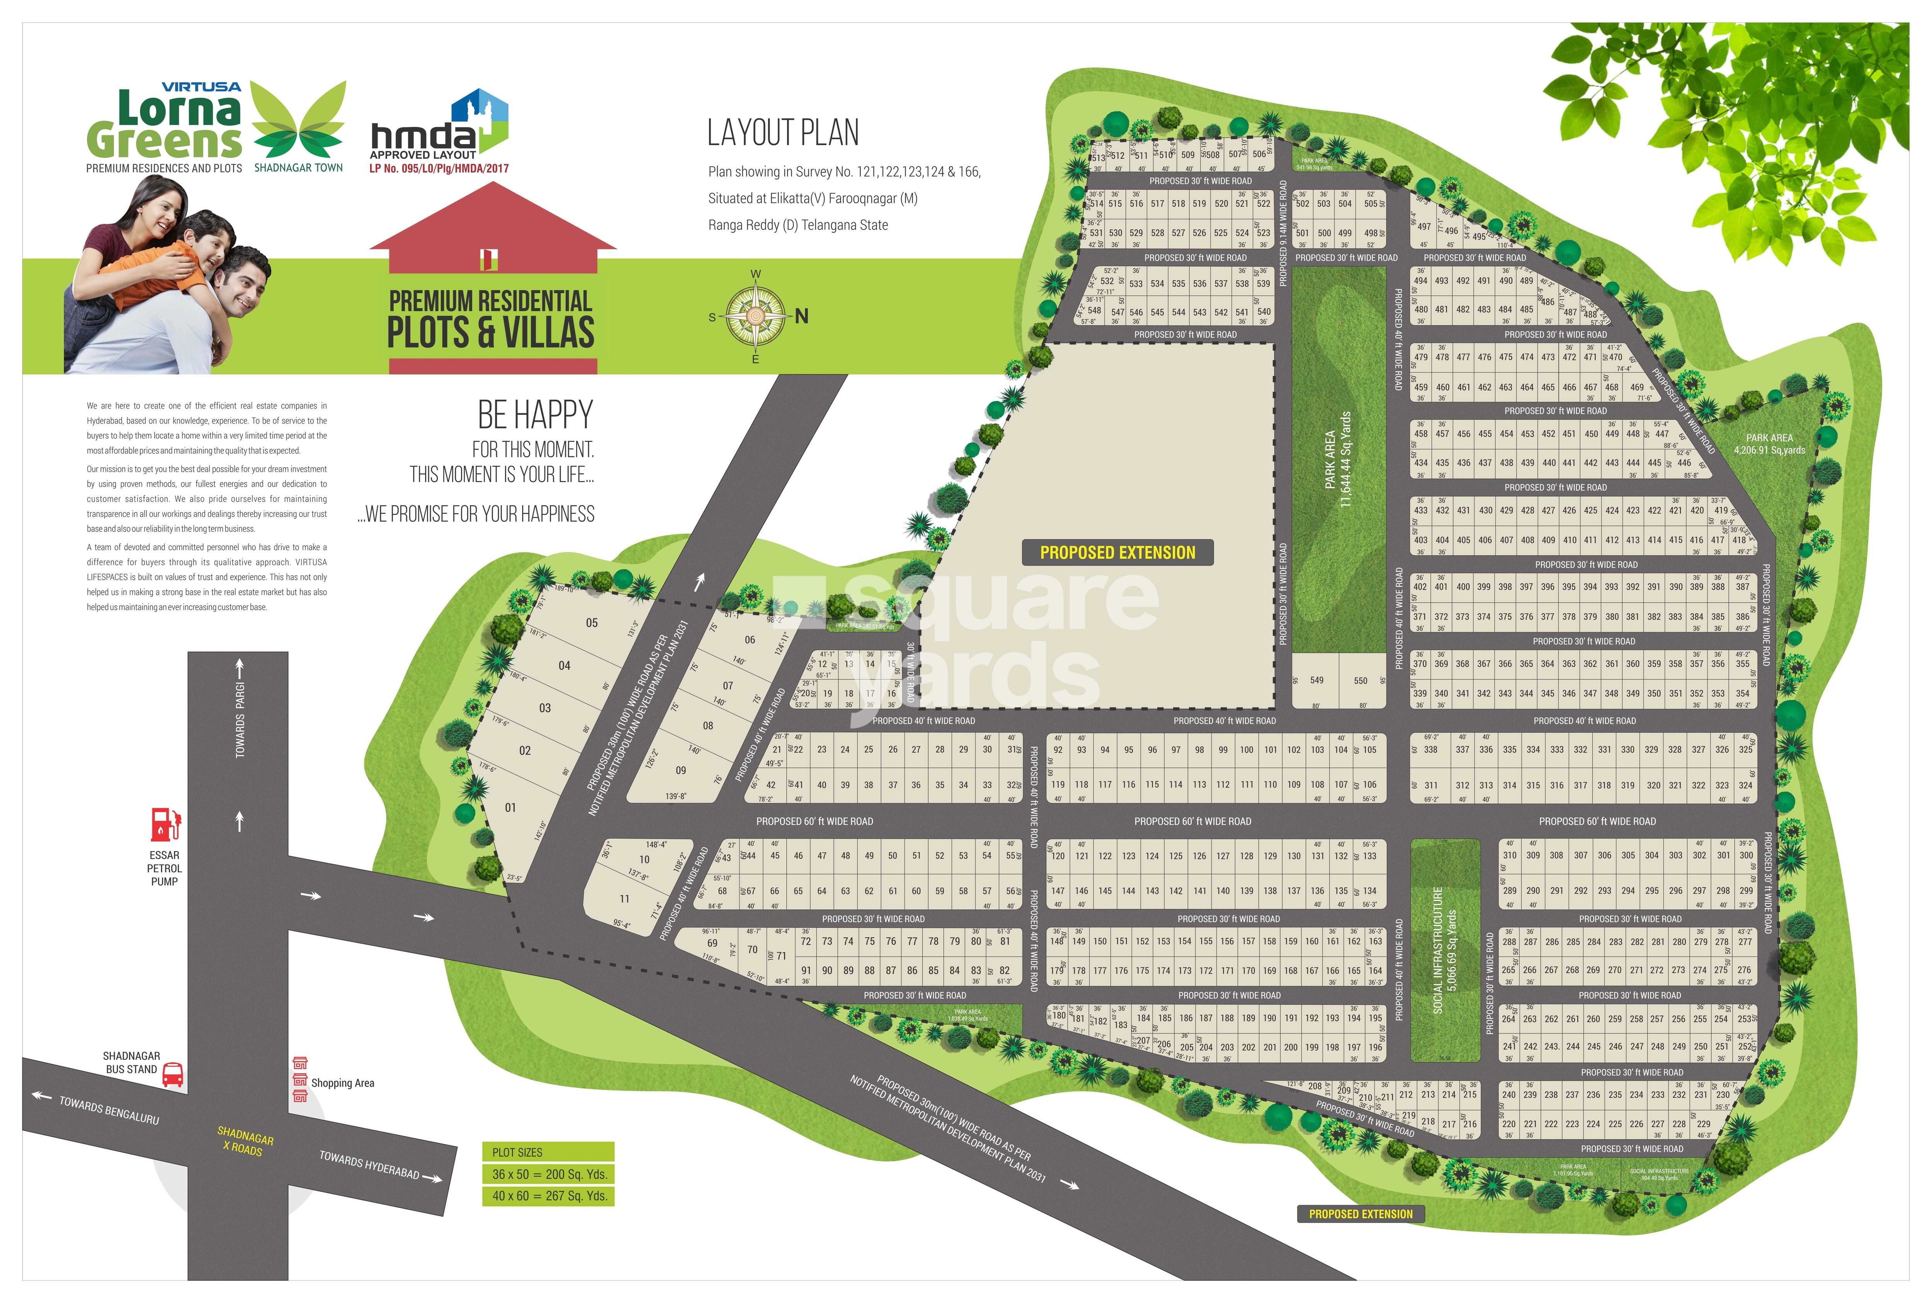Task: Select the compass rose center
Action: (x=755, y=316)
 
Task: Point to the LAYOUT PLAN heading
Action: (x=783, y=133)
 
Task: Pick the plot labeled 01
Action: (x=510, y=807)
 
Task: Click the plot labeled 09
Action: (x=680, y=770)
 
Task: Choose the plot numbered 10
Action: (x=644, y=859)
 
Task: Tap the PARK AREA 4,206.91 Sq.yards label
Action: (x=1769, y=444)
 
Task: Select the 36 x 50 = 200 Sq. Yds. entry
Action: (x=549, y=1174)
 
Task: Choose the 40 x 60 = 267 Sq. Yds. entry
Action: (x=549, y=1196)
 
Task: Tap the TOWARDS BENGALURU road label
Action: (x=108, y=1109)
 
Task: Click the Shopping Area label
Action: (x=342, y=1083)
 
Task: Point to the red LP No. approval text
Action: (x=439, y=168)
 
